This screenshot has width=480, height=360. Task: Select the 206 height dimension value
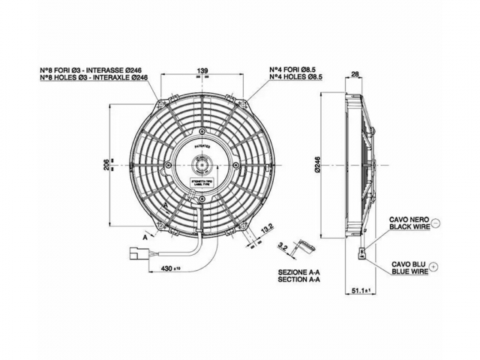(106, 164)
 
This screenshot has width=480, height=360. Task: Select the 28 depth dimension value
(355, 73)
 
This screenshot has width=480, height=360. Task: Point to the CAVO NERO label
(408, 218)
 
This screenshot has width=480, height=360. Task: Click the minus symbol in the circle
(436, 223)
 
